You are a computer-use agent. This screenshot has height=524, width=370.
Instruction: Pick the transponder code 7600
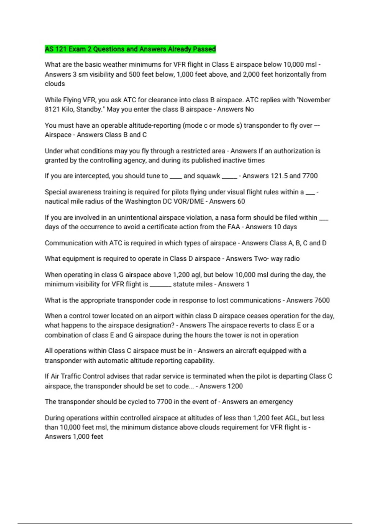click(x=322, y=300)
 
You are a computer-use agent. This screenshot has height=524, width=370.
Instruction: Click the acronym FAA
click(x=234, y=227)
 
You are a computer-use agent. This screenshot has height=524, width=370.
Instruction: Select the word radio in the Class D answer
click(x=292, y=259)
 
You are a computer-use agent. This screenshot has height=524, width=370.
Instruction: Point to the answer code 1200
click(x=235, y=386)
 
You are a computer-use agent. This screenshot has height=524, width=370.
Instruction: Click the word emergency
click(x=276, y=402)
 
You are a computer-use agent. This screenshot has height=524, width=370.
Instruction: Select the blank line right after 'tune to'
click(x=176, y=177)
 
